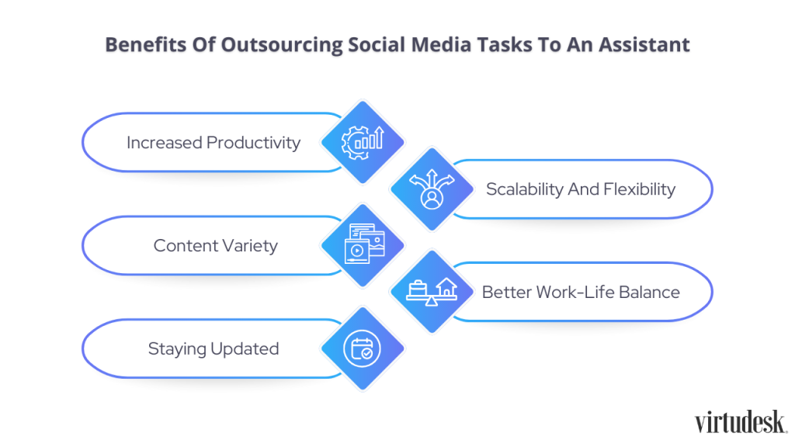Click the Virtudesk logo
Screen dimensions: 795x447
point(741,422)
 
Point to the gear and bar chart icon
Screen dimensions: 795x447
point(363,143)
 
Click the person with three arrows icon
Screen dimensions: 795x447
point(432,189)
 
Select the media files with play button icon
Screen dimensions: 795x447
point(364,244)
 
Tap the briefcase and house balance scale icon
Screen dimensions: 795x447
point(432,292)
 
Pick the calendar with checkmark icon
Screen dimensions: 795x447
point(362,348)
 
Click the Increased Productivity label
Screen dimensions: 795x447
point(214,143)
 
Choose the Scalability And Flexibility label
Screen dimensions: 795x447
point(581,189)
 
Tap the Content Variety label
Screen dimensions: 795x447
point(216,246)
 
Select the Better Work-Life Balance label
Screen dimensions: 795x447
point(581,293)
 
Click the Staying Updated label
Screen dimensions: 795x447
point(214,349)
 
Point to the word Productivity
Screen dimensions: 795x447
point(254,143)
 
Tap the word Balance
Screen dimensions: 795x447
point(650,293)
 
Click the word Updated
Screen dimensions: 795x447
point(245,349)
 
